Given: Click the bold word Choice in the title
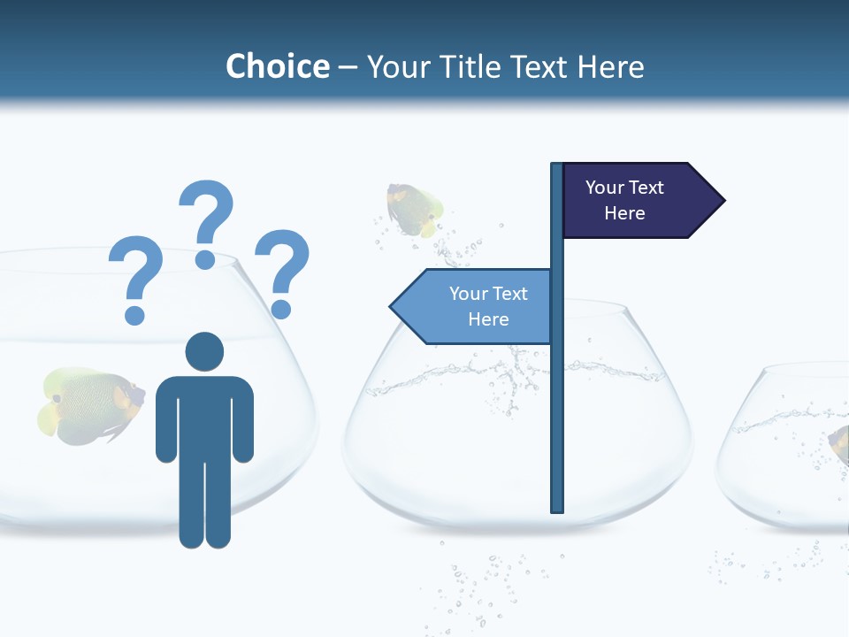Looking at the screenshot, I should [278, 66].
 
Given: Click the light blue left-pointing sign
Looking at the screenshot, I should [473, 306].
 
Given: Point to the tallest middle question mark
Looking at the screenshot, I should [207, 212].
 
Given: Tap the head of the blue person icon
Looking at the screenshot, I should [204, 351].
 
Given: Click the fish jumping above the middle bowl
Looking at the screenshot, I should [412, 209].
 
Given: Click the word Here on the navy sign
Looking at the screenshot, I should [624, 213].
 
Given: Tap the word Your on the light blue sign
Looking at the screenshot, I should [465, 294].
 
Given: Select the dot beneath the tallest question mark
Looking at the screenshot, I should [205, 259].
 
